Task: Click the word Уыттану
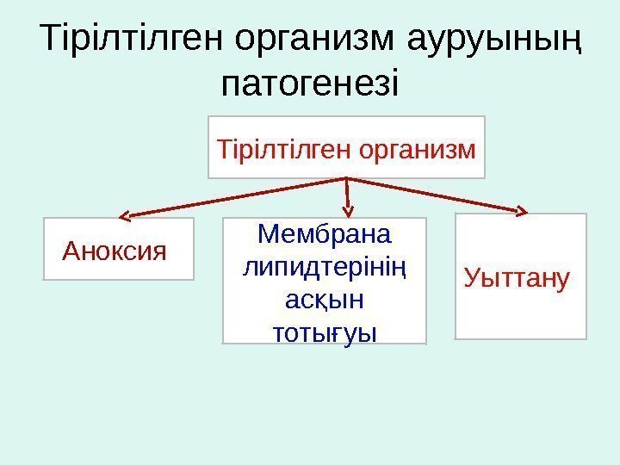517,277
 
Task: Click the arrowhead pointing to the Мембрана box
350,209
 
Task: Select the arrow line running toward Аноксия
232,197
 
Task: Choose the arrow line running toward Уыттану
435,195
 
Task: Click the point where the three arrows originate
346,179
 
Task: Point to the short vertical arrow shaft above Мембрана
348,193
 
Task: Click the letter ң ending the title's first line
572,40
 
